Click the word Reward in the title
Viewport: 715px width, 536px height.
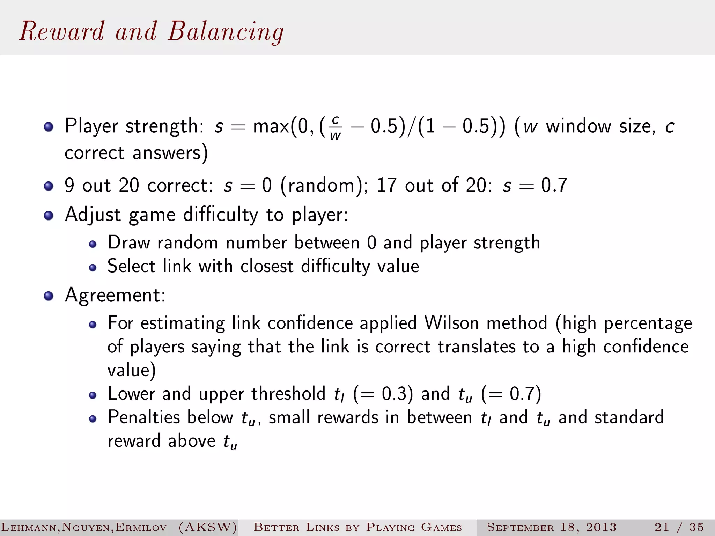[62, 31]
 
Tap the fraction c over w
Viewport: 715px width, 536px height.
[335, 128]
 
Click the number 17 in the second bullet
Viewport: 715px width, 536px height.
[386, 185]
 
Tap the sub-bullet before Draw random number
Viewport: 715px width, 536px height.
[93, 244]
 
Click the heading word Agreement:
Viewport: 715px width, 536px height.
[115, 295]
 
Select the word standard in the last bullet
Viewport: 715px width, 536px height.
[629, 417]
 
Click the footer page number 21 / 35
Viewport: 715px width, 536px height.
[679, 527]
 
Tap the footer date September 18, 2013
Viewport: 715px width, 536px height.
[552, 527]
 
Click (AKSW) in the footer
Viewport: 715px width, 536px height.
[208, 527]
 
